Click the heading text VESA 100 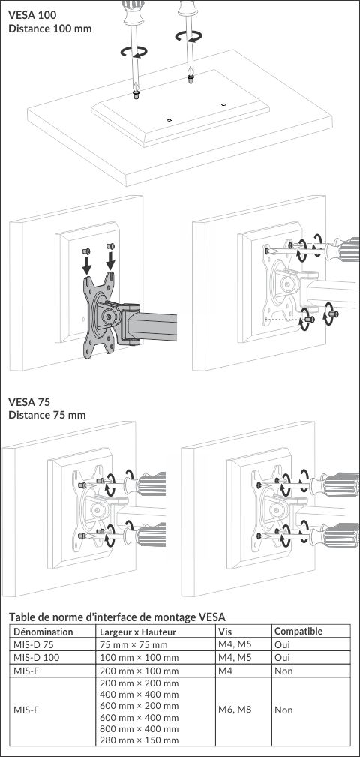tap(32, 15)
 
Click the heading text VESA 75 tap(29, 401)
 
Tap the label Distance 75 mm tap(47, 415)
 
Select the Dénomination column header tap(43, 632)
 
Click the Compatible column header tap(298, 632)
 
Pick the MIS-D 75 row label tap(33, 644)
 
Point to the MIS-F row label tap(27, 710)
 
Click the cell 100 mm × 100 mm tap(139, 657)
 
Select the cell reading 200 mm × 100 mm tap(139, 671)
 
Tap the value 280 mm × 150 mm tap(139, 740)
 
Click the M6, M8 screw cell tap(235, 710)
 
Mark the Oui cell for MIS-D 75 tap(282, 644)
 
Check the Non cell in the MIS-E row tap(283, 671)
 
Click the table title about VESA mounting tap(118, 617)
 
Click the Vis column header tap(225, 632)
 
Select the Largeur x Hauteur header tap(137, 632)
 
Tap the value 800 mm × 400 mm tap(139, 729)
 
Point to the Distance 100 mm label tap(50, 28)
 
